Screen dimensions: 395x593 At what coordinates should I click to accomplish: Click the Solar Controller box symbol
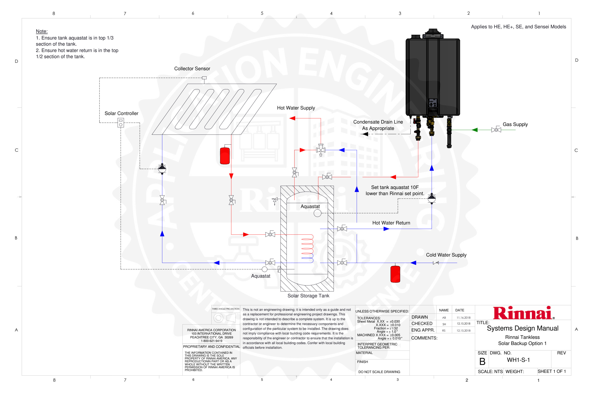(121, 123)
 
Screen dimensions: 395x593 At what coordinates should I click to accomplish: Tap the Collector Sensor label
(192, 68)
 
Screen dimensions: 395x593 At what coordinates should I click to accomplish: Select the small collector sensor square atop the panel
(204, 78)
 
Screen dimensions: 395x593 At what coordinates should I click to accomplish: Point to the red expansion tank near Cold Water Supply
(395, 274)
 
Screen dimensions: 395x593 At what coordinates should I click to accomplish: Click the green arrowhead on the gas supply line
(474, 130)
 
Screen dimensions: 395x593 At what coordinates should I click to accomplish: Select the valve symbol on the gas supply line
(496, 130)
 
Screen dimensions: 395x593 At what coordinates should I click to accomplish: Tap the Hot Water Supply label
(296, 108)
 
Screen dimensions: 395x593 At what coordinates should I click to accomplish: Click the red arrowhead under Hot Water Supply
(293, 118)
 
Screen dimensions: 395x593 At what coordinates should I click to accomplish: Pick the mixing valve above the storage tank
(321, 150)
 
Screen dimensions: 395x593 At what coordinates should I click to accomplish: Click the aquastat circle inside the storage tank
(317, 213)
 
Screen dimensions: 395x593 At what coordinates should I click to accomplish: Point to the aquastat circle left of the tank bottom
(264, 269)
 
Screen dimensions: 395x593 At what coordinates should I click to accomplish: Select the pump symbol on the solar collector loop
(162, 169)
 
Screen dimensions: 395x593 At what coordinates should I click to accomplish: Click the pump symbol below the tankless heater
(432, 198)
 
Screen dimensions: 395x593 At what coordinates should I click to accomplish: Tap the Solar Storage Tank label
(308, 296)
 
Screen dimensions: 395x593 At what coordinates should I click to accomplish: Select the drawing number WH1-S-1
(518, 360)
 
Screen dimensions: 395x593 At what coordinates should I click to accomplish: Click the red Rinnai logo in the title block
(523, 313)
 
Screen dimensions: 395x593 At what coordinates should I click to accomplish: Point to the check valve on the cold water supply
(436, 263)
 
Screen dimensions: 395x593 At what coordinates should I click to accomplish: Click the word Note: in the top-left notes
(42, 31)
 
